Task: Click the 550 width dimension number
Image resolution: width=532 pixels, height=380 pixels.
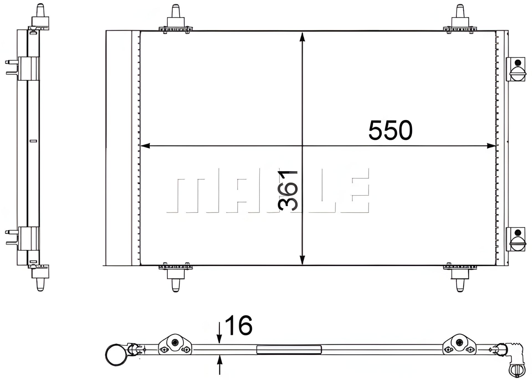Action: [390, 130]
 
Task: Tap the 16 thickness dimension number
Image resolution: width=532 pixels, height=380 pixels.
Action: [239, 325]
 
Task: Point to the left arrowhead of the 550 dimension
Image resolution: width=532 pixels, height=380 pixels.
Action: [145, 146]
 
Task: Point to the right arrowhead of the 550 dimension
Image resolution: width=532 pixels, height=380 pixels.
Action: [491, 146]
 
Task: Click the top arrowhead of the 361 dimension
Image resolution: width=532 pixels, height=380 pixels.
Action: [302, 37]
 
